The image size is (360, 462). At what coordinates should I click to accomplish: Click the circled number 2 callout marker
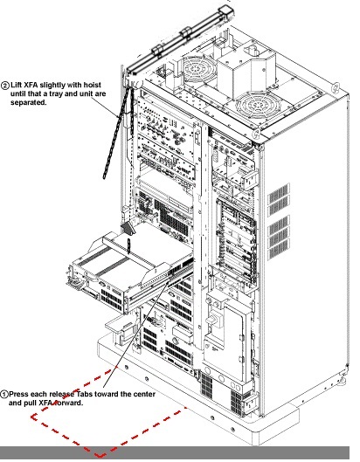click(5, 86)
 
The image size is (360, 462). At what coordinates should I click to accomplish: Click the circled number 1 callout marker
click(4, 394)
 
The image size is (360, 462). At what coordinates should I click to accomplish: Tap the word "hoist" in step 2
click(92, 85)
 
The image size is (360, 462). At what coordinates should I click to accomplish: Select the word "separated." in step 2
click(29, 102)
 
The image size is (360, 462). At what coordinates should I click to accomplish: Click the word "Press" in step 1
click(19, 394)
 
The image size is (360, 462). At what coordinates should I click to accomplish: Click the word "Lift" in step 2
click(16, 85)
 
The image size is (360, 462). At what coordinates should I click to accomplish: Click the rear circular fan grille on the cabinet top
click(195, 69)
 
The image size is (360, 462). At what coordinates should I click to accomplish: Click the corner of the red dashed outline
click(100, 456)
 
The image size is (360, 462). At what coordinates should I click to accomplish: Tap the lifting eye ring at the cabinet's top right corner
click(336, 86)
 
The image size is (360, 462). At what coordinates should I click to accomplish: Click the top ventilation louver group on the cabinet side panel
click(278, 194)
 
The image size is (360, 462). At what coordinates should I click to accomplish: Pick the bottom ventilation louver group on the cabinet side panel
click(278, 250)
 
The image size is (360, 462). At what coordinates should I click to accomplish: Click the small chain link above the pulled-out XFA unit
click(128, 245)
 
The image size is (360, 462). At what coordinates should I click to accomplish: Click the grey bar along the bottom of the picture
click(175, 453)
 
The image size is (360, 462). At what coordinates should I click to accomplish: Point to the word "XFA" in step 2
click(31, 85)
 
